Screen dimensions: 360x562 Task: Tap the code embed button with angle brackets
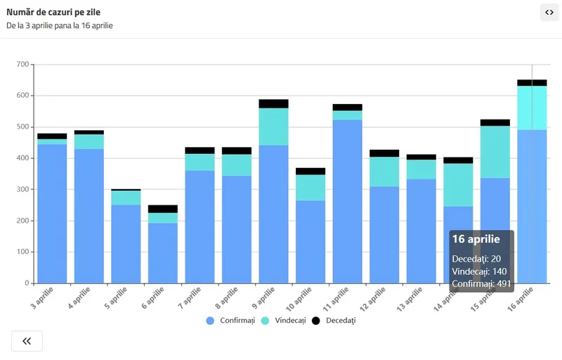pos(549,13)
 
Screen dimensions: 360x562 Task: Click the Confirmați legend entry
pos(232,321)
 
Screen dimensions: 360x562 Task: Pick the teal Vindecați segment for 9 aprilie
pos(274,127)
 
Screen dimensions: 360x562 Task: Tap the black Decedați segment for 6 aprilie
pos(163,209)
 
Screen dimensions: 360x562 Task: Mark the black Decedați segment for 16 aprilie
pos(532,83)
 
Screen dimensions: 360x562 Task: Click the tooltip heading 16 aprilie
pos(476,239)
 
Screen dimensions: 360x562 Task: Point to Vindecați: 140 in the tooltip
pos(479,271)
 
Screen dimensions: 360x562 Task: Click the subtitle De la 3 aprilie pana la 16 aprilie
pos(60,26)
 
